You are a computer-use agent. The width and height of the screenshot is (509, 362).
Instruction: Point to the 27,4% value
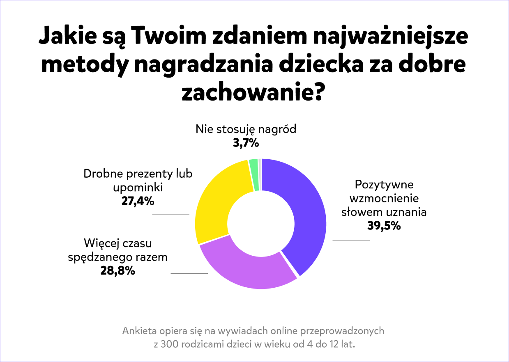(x=138, y=201)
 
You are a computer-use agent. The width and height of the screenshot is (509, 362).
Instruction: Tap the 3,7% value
(x=246, y=143)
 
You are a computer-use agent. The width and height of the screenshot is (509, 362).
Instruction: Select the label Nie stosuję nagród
(x=246, y=129)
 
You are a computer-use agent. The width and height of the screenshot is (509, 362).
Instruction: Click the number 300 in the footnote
(x=170, y=344)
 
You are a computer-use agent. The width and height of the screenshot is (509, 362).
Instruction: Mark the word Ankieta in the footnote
(x=138, y=331)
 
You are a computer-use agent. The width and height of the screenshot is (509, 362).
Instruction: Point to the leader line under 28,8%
(x=189, y=273)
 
